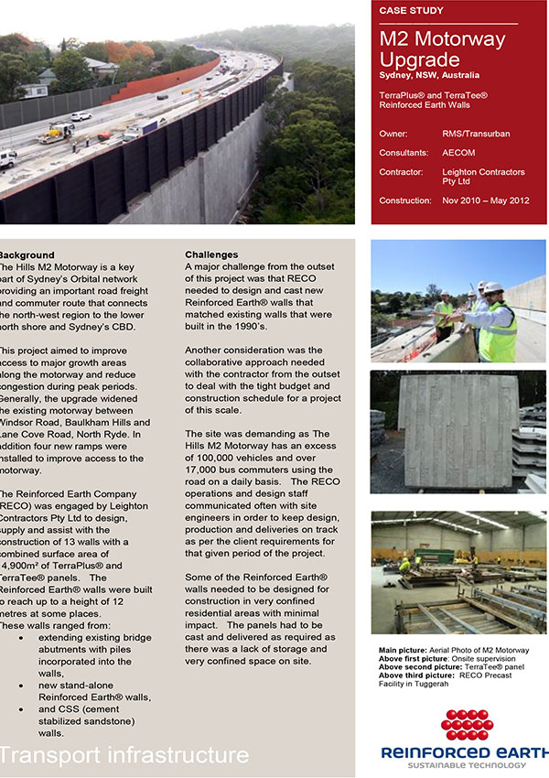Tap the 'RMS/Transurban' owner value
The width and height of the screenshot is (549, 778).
pyautogui.click(x=476, y=134)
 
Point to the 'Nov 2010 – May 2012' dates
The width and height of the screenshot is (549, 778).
pyautogui.click(x=486, y=200)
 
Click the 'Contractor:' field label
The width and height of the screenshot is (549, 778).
pyautogui.click(x=401, y=172)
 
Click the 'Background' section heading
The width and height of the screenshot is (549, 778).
pyautogui.click(x=27, y=254)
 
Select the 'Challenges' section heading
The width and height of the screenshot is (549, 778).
pyautogui.click(x=211, y=254)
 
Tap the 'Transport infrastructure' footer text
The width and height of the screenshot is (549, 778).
pyautogui.click(x=124, y=755)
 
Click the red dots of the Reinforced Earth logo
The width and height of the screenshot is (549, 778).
pyautogui.click(x=466, y=724)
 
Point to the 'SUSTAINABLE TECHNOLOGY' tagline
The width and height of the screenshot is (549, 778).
pyautogui.click(x=466, y=765)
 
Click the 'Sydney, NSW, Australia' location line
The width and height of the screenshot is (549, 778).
pyautogui.click(x=429, y=75)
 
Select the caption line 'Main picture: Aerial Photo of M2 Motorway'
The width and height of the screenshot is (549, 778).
pyautogui.click(x=454, y=650)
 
